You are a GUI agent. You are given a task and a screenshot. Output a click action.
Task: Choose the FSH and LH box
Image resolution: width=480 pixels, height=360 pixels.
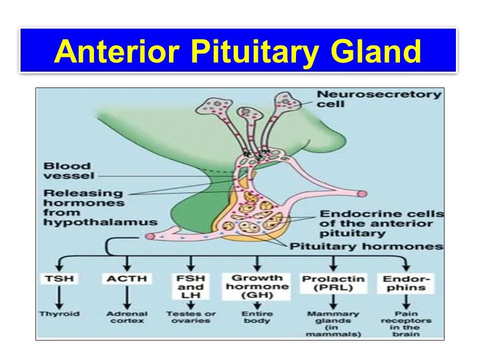point(190,287)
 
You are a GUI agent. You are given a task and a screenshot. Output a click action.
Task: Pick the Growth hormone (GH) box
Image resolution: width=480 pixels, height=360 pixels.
point(257,286)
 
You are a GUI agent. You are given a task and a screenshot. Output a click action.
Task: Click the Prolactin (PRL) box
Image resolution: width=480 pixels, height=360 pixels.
point(333,283)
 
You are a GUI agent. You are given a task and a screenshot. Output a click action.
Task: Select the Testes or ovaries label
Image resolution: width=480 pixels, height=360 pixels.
point(191,317)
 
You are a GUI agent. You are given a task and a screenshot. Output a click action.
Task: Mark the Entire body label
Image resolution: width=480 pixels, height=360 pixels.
point(257,317)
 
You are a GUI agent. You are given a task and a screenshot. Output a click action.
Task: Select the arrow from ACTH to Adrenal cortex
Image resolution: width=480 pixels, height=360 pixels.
point(126,300)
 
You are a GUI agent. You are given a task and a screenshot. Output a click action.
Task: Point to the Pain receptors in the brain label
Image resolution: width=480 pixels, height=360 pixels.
point(405,324)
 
